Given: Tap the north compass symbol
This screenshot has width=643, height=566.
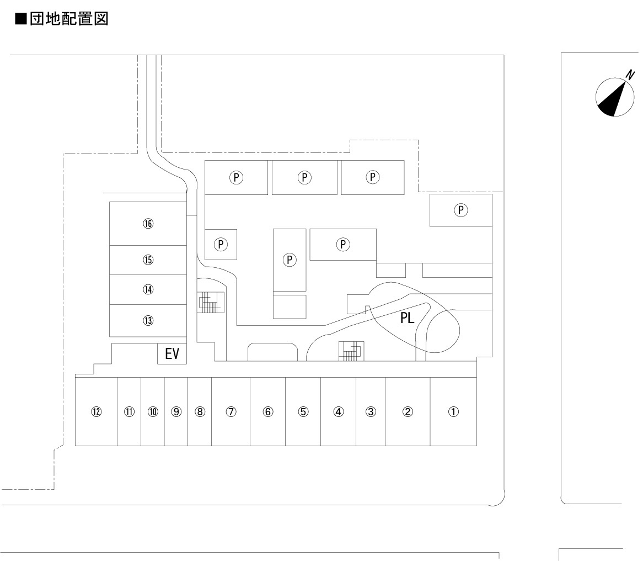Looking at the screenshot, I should (614, 98).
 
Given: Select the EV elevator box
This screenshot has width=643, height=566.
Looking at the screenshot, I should (172, 354).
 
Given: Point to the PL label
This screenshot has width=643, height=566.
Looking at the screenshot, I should (408, 319).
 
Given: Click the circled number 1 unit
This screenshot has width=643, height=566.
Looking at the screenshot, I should (453, 411).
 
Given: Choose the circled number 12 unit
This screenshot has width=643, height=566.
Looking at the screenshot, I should (97, 411).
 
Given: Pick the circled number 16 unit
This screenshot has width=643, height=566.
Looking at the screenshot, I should (148, 224).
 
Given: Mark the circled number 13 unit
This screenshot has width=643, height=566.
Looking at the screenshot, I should (148, 320).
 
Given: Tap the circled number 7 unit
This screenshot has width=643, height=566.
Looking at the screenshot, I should (231, 411).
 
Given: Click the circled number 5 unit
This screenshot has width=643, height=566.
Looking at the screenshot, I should (303, 411).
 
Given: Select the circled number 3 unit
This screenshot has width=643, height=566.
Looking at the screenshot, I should (371, 411).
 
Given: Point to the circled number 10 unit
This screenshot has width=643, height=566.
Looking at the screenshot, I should (153, 411).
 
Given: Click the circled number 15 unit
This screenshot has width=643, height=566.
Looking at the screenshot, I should (148, 260).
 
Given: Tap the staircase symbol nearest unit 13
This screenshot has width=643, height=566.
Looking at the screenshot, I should (211, 302).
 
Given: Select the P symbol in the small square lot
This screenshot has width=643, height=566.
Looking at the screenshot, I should (221, 244).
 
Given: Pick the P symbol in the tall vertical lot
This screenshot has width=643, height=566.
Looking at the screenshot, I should (290, 259).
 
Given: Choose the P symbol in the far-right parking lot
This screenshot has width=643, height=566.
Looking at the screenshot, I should (461, 210).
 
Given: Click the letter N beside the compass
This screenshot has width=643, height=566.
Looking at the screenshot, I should (630, 74).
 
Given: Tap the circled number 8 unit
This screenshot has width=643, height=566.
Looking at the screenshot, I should (200, 411).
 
